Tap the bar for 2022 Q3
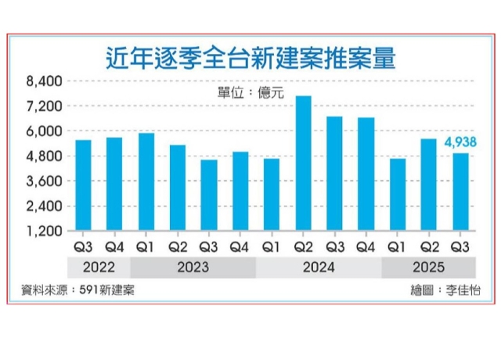point(83,185)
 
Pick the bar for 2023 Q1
point(146,182)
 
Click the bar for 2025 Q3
point(460,192)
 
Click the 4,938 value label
point(460,142)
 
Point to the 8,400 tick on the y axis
point(44,81)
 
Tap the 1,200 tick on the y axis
point(44,232)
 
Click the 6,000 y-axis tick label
point(44,131)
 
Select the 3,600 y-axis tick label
point(44,182)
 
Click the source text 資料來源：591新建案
point(77,290)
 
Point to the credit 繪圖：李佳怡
point(445,290)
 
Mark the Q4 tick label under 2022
point(114,247)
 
